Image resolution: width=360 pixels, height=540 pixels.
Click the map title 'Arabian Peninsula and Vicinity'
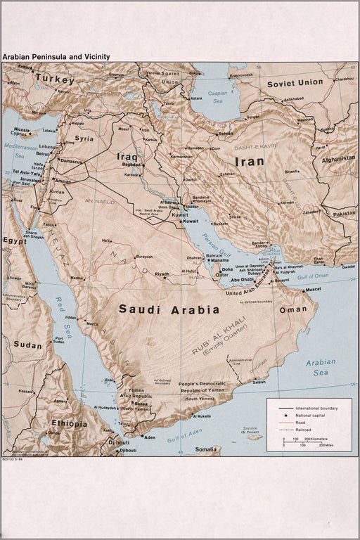pyautogui.click(x=56, y=56)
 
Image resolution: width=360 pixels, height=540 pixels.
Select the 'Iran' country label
pyautogui.click(x=249, y=162)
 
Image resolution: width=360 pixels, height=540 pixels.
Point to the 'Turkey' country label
pyautogui.click(x=55, y=79)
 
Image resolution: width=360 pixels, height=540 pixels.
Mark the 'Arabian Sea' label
pyautogui.click(x=321, y=367)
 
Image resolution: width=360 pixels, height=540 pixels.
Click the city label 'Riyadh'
pyautogui.click(x=162, y=274)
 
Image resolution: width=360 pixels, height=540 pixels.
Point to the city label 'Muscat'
pyautogui.click(x=313, y=289)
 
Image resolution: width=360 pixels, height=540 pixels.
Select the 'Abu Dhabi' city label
pyautogui.click(x=242, y=281)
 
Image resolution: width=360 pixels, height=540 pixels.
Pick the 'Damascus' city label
pyautogui.click(x=70, y=161)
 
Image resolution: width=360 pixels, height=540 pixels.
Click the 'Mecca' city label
pyautogui.click(x=91, y=323)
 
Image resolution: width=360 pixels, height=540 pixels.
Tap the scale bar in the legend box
pyautogui.click(x=302, y=440)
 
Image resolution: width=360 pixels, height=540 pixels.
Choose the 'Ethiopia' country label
pyautogui.click(x=69, y=424)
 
